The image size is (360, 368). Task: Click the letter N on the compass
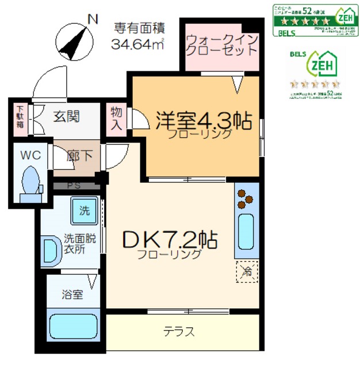point(91,19)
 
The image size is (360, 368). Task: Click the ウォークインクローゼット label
point(221,44)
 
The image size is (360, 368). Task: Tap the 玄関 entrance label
point(67,116)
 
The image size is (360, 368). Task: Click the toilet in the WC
point(30,183)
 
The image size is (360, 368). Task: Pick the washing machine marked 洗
point(85,211)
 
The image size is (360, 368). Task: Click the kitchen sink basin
point(246,232)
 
